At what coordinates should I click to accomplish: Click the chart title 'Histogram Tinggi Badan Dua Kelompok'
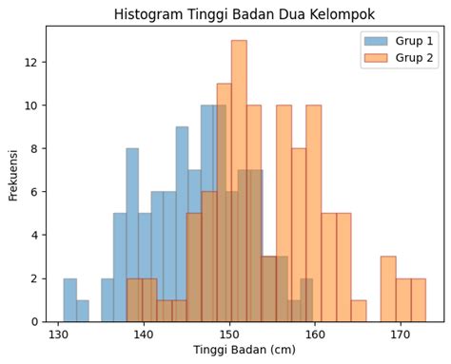click(245, 14)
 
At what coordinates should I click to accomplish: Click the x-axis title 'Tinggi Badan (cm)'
click(245, 351)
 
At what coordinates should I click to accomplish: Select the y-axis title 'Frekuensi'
click(13, 173)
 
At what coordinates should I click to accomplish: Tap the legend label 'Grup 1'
click(415, 41)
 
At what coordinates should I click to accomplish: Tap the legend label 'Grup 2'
click(415, 59)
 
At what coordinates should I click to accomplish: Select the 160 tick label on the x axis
click(314, 335)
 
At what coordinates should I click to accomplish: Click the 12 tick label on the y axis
click(31, 63)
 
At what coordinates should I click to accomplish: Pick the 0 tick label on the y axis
click(34, 321)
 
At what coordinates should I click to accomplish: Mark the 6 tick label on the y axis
click(34, 192)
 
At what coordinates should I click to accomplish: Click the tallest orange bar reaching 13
click(239, 181)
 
